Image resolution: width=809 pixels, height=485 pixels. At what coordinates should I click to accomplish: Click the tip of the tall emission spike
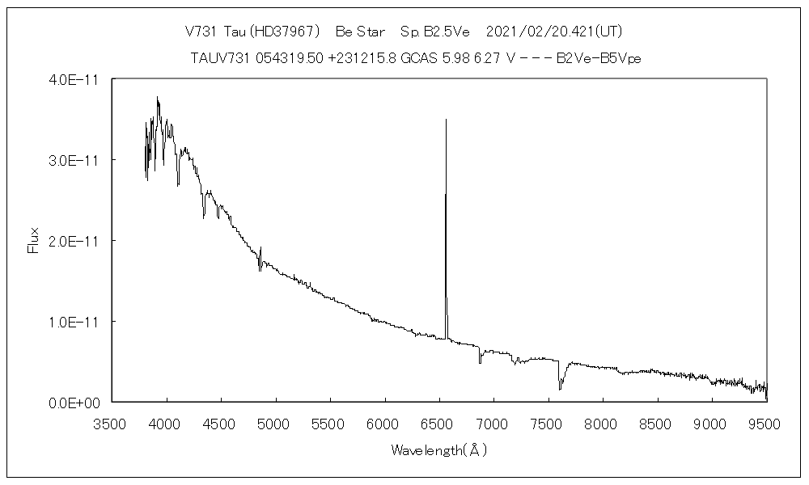[x=446, y=120]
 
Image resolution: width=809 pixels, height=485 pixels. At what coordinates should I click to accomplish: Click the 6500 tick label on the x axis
[x=440, y=424]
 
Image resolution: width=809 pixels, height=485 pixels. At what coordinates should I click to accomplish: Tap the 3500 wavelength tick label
[x=112, y=424]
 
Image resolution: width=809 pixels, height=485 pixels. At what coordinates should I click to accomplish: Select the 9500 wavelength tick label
[x=767, y=424]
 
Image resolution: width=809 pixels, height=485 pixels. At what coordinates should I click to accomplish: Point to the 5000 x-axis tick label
[x=276, y=424]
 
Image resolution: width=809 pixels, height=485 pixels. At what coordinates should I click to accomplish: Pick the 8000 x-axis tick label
[x=604, y=424]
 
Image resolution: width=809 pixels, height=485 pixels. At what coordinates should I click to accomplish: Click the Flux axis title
[x=33, y=240]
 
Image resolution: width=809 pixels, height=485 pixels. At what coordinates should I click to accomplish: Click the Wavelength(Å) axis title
[x=439, y=450]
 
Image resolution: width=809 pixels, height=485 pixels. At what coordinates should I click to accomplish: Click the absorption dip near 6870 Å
[x=480, y=361]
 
